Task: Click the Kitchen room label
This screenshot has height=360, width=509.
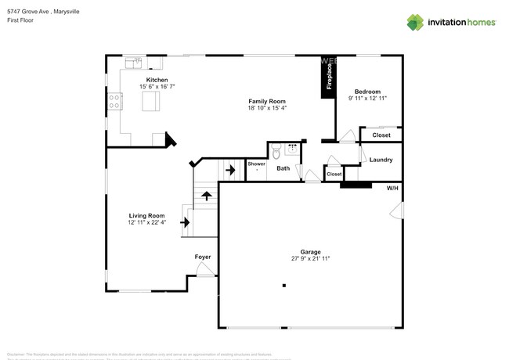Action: point(153,80)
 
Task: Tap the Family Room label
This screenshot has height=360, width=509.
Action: point(267,101)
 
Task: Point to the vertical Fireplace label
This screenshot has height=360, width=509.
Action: point(328,78)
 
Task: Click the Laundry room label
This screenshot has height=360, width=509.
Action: point(381,160)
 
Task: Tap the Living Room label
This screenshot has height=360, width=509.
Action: point(146,215)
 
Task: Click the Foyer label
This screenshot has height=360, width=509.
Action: point(203,257)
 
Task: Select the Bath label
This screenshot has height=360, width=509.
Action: point(283,168)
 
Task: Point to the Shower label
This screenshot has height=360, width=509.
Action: point(257,164)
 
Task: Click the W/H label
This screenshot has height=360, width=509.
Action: point(392,188)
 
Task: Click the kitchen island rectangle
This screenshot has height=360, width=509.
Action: point(150,102)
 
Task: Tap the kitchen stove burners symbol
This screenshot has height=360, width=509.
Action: point(114,101)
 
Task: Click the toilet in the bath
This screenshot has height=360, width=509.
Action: point(277,150)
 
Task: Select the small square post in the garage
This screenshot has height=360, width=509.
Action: point(284,285)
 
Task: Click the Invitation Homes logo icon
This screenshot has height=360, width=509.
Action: point(415,22)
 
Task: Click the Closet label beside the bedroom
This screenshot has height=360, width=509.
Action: point(381,135)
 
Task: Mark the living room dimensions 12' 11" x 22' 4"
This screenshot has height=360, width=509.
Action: point(146,222)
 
